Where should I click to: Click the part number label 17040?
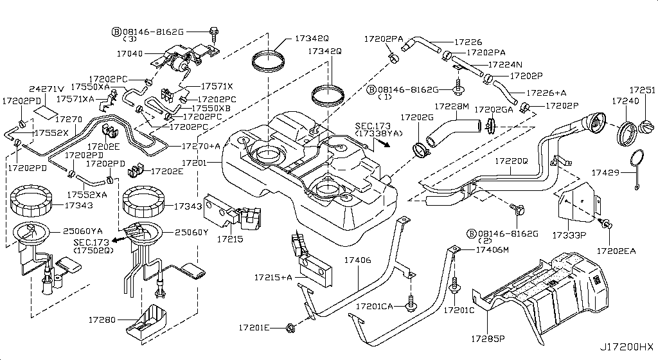coord(130,53)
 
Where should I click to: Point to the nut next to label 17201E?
coord(289,328)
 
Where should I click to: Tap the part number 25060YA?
coord(87,230)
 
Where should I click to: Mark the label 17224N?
coord(504,64)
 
